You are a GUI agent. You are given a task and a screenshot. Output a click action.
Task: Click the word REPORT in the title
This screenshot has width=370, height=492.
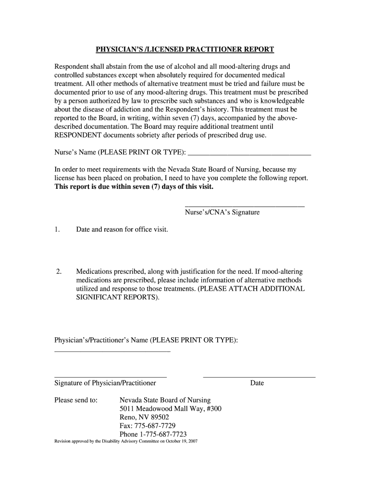tap(254, 49)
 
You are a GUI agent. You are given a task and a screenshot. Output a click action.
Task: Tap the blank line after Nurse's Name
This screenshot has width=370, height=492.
tap(249, 155)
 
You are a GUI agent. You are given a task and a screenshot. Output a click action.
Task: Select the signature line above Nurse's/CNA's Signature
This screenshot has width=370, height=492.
tap(245, 206)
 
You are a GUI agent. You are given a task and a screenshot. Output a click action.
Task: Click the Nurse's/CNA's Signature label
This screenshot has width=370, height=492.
tap(222, 212)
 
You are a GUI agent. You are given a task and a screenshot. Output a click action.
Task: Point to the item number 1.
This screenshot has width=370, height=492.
tap(57, 229)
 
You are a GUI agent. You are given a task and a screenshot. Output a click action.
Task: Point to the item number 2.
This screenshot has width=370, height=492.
tap(58, 271)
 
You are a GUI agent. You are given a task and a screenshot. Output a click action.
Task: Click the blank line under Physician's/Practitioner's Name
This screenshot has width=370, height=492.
tap(113, 352)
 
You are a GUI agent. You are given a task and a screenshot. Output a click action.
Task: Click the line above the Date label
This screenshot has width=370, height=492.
tap(259, 377)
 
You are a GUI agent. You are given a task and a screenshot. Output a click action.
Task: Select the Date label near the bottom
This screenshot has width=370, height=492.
tap(257, 383)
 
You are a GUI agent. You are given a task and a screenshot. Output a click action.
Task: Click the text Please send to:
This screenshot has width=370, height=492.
tap(76, 400)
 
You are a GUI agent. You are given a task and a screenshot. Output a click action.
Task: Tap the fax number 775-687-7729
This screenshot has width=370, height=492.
tap(155, 426)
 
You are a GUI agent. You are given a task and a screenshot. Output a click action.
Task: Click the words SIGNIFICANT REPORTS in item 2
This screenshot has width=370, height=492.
tap(117, 297)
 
